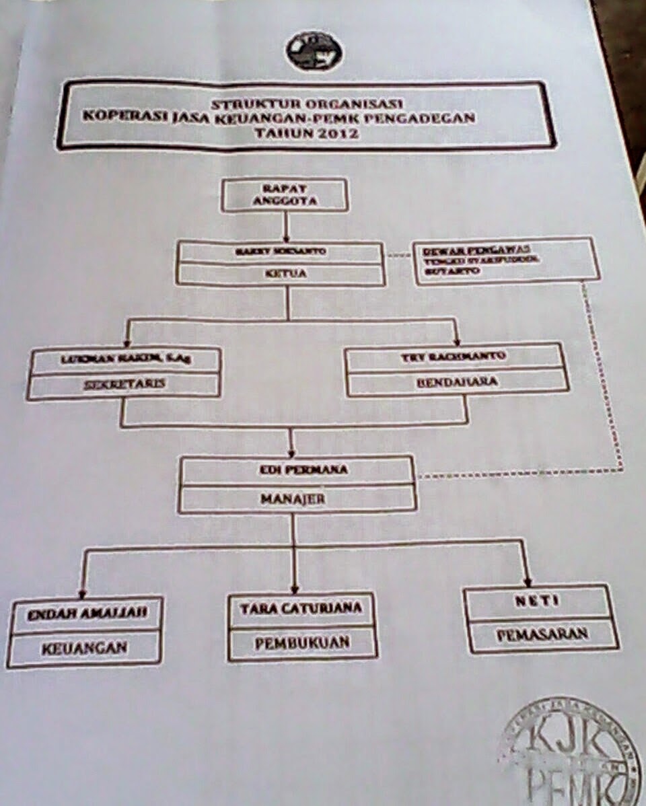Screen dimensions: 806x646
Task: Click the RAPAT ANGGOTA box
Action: tap(285, 194)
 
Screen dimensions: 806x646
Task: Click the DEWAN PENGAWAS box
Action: tap(506, 260)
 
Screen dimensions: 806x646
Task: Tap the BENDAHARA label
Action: tap(457, 381)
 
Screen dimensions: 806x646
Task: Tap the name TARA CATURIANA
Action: tap(301, 608)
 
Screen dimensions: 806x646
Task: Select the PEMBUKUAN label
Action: tap(302, 643)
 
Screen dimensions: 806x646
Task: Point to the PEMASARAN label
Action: tap(542, 634)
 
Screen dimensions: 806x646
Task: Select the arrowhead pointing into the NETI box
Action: tap(527, 580)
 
